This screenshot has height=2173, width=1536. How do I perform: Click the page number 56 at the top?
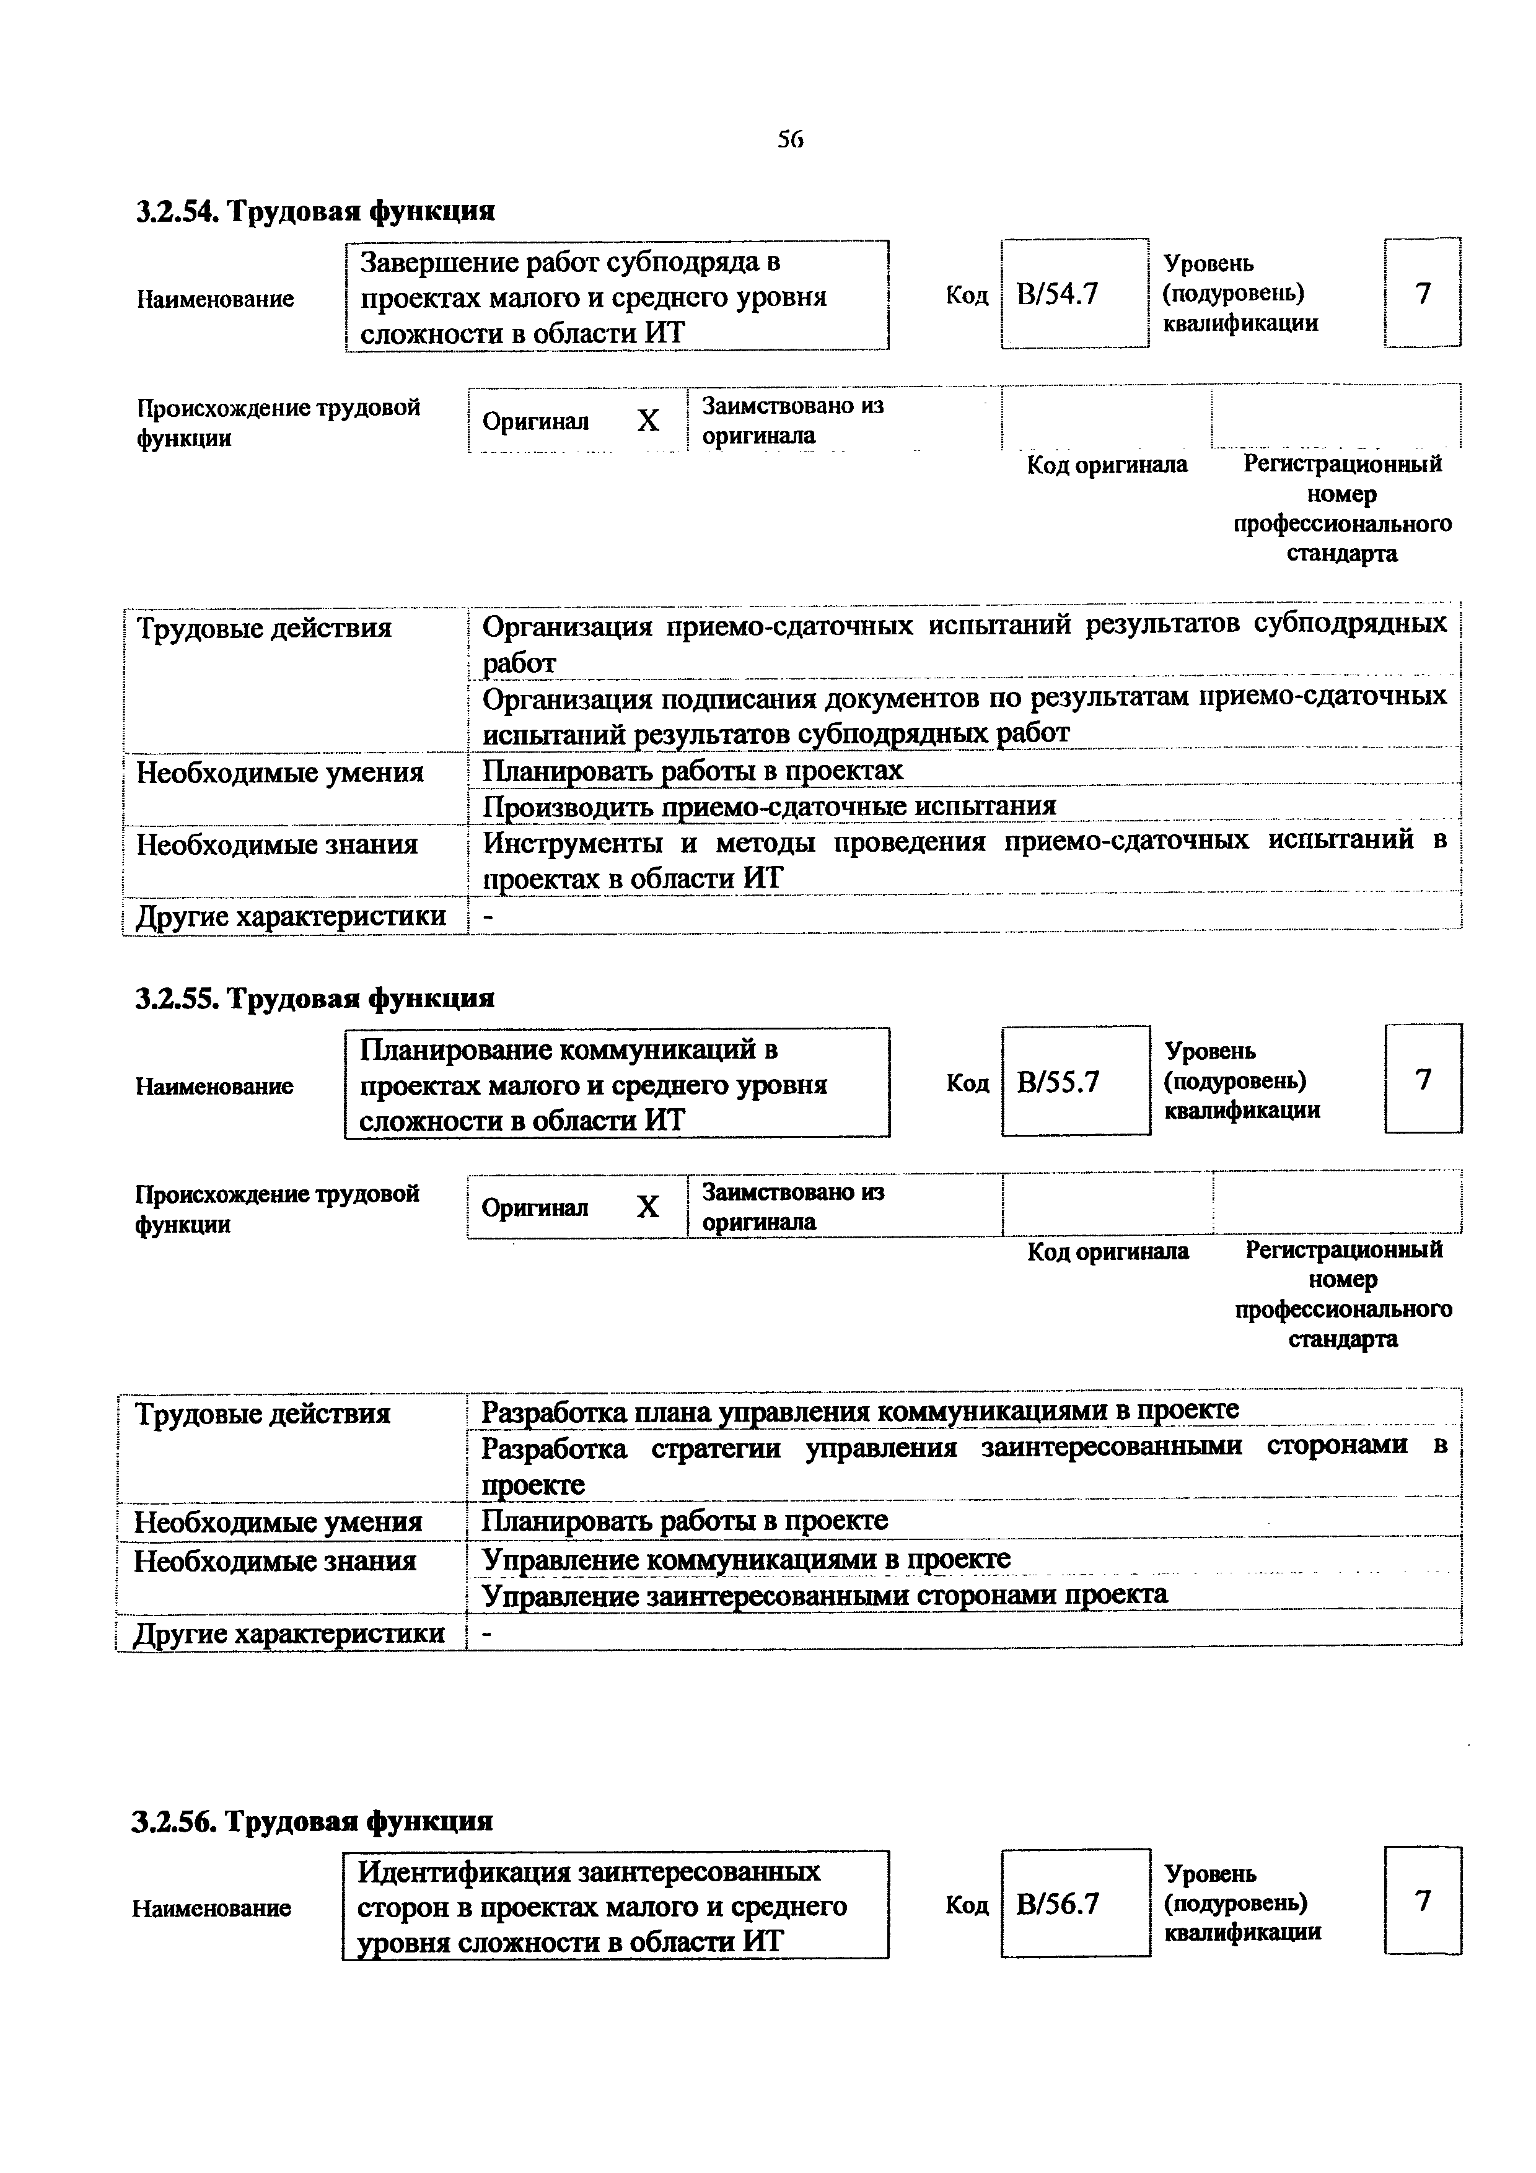[789, 140]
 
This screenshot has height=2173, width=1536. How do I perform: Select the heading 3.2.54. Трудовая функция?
[315, 210]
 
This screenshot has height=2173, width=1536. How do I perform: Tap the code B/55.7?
[1058, 1081]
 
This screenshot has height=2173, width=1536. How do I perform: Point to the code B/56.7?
[1057, 1904]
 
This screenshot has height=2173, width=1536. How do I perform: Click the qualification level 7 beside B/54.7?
[1423, 294]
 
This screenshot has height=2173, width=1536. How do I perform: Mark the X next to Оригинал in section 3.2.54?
[647, 420]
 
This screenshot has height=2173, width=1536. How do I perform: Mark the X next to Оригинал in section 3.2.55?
[647, 1207]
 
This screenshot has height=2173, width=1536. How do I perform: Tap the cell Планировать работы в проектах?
[693, 771]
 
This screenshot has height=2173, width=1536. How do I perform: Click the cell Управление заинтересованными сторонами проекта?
[824, 1594]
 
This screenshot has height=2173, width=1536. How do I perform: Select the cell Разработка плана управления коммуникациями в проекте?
[859, 1411]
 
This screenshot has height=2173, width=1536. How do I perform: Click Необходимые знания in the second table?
[275, 1560]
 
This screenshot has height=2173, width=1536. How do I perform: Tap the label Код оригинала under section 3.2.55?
[1107, 1251]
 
